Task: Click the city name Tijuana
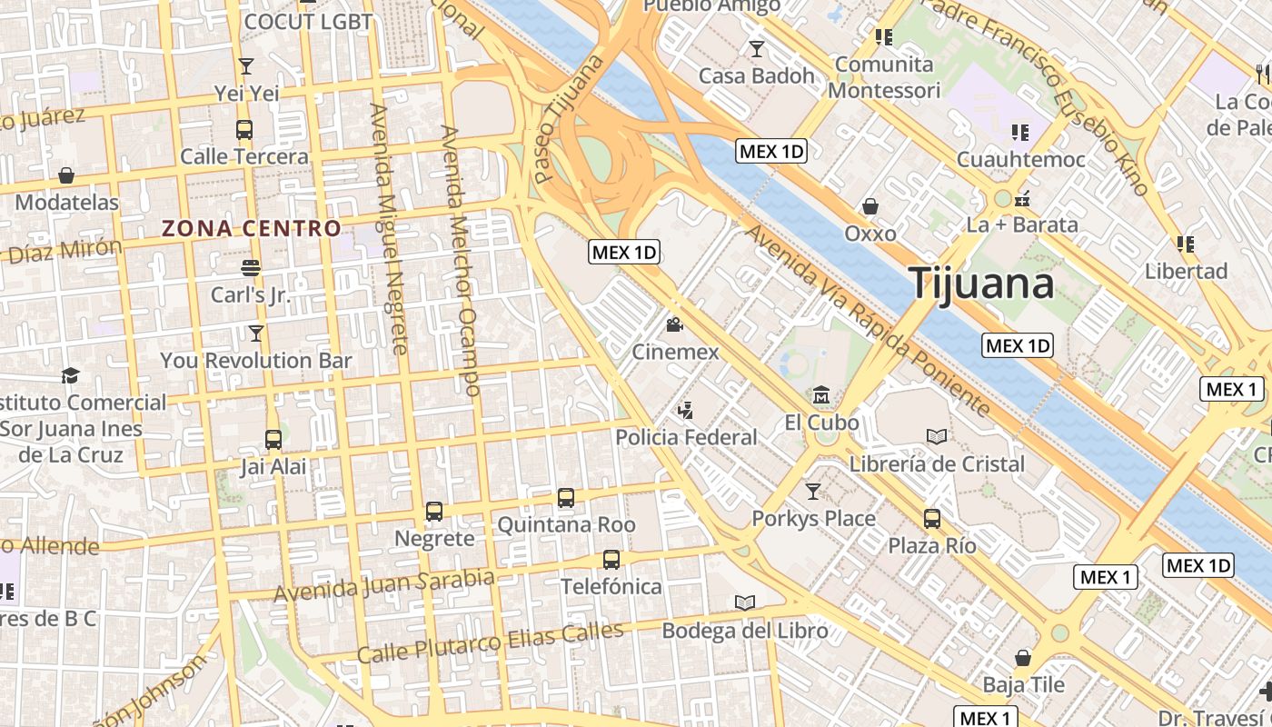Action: click(981, 283)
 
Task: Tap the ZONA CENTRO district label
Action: click(251, 228)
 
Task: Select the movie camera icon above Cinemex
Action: click(674, 324)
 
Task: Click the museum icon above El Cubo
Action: click(821, 395)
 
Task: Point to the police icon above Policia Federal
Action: click(686, 410)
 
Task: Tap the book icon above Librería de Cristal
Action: click(937, 436)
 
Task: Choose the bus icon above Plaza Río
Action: click(932, 519)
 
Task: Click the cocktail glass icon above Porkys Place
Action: click(813, 492)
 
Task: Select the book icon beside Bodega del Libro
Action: click(745, 603)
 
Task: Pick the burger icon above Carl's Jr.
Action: click(251, 268)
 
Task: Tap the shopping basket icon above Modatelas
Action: click(66, 175)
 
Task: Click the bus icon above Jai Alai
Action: click(273, 440)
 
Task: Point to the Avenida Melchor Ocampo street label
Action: click(460, 260)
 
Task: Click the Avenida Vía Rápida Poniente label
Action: click(868, 319)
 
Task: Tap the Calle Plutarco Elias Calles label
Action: click(490, 642)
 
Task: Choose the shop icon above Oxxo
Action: click(870, 206)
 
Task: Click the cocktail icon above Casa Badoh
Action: click(756, 48)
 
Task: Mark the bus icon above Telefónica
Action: click(611, 559)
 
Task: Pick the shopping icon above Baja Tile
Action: click(1023, 657)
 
